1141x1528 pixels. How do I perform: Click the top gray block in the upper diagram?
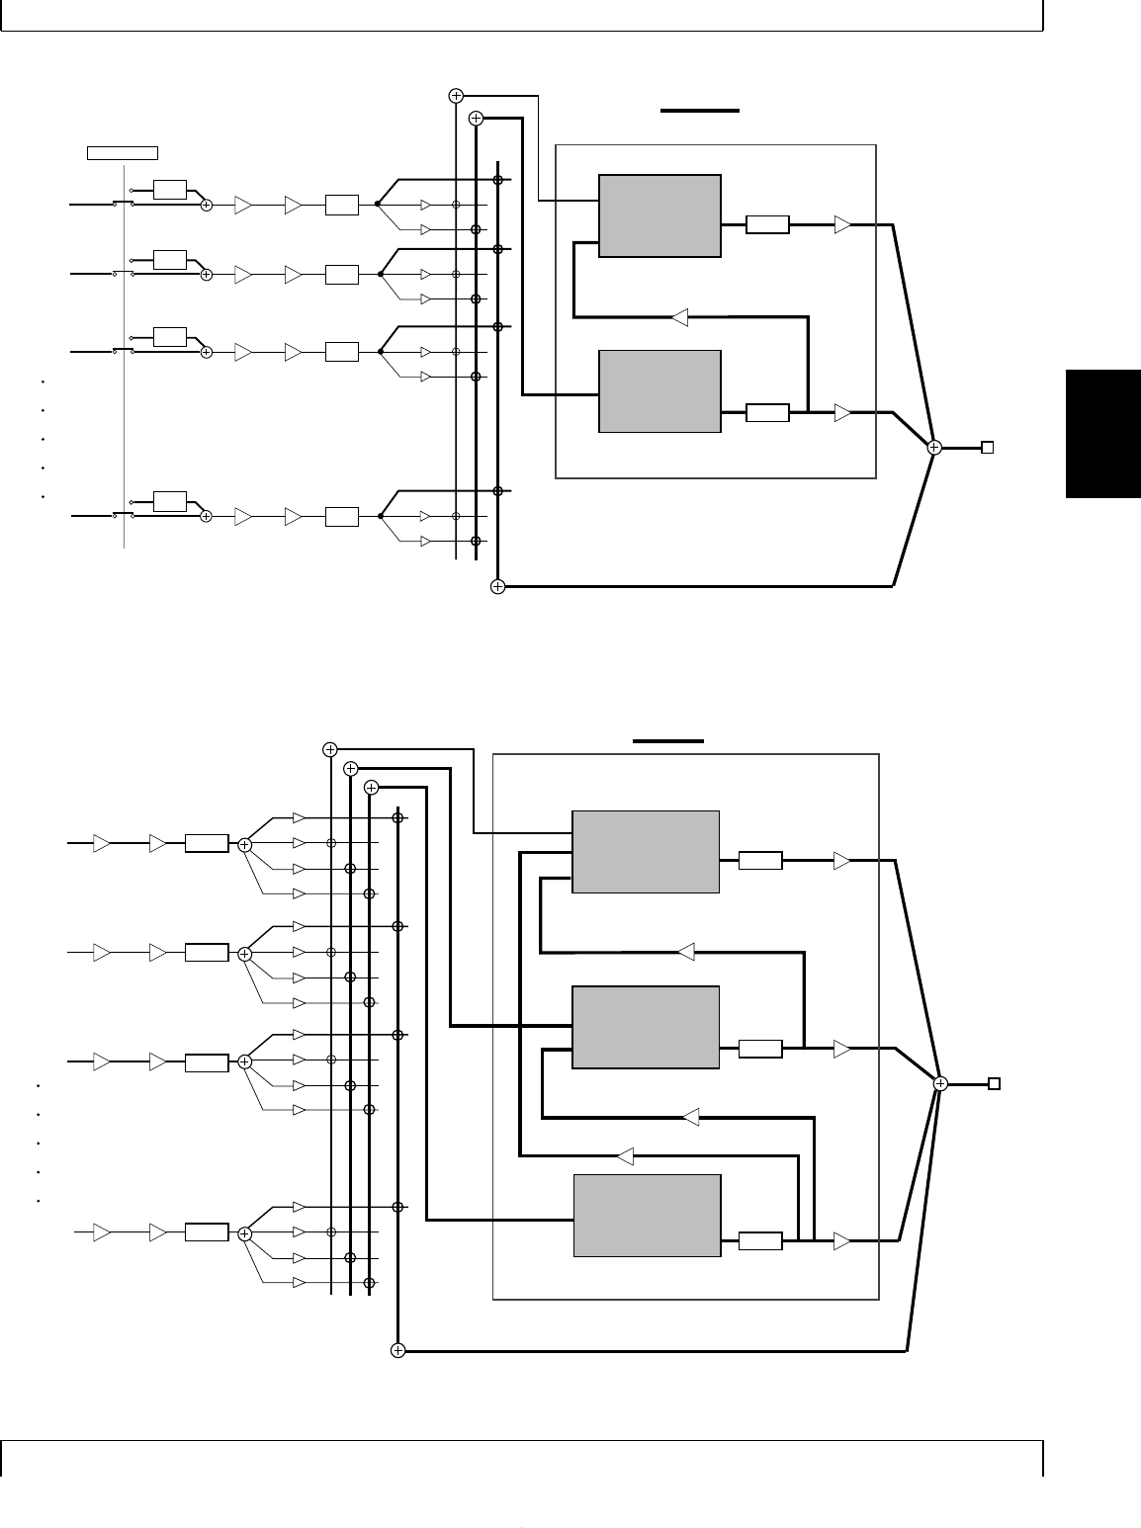point(660,216)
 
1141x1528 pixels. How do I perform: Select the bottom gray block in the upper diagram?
point(660,391)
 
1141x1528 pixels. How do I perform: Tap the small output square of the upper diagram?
point(987,448)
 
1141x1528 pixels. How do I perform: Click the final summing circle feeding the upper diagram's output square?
point(934,448)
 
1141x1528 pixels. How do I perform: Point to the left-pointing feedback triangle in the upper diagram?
point(679,318)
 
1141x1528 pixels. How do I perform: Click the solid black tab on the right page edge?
point(1103,434)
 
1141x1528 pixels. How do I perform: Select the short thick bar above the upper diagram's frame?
point(700,111)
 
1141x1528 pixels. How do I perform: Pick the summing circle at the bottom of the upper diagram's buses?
point(497,587)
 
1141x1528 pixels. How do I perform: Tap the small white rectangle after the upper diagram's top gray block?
point(767,225)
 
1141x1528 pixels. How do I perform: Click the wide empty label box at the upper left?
point(123,152)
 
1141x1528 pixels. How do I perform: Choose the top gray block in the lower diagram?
point(647,852)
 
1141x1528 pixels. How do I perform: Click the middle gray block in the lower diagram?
point(647,1027)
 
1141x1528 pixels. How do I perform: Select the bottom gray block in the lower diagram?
point(647,1216)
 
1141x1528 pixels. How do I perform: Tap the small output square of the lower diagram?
point(995,1084)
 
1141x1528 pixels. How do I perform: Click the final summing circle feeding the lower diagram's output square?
point(940,1084)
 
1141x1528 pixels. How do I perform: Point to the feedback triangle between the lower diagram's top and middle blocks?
point(686,952)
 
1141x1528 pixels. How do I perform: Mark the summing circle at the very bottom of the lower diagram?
point(397,1350)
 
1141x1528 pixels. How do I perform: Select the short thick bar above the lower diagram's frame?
point(668,739)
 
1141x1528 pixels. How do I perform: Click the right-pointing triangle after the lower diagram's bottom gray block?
point(841,1240)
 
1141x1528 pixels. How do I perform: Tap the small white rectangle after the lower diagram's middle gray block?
point(760,1049)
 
